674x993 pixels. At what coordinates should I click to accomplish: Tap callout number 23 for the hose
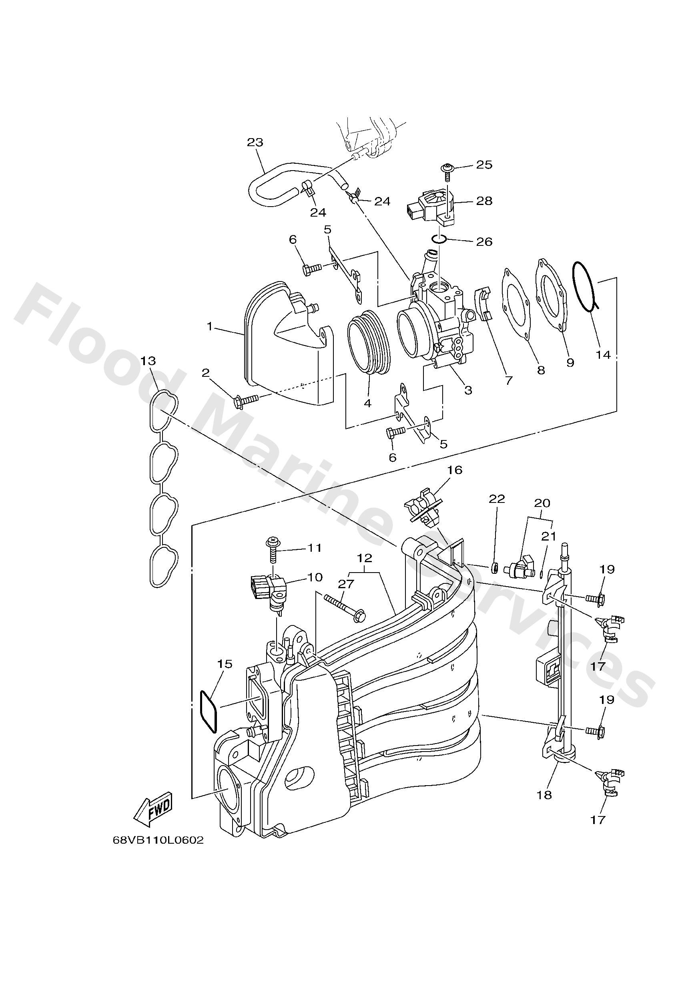pos(255,142)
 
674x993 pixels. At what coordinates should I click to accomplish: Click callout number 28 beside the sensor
pos(484,201)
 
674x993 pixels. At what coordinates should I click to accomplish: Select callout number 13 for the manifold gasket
pos(148,361)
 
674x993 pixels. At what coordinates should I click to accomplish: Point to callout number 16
pos(455,470)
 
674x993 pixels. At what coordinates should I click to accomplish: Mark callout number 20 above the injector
pos(542,503)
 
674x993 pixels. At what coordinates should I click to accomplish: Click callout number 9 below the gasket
pos(570,363)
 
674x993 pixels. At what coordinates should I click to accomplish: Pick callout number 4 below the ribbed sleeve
pos(368,402)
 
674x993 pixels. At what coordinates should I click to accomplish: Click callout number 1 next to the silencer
pos(209,326)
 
